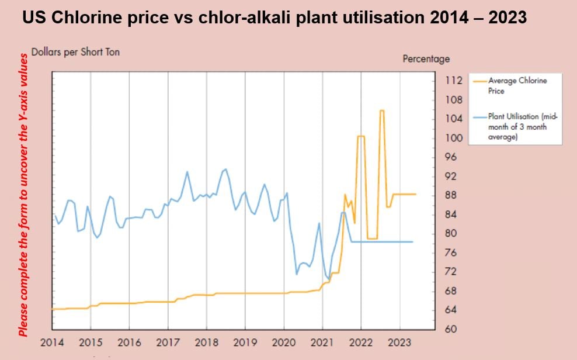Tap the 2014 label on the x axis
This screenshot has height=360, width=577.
[x=52, y=342]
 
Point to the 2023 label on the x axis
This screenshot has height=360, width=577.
[x=399, y=342]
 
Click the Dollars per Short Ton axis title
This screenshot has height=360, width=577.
[x=75, y=52]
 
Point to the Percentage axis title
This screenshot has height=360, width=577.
[x=426, y=59]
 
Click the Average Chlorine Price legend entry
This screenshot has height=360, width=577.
[x=517, y=85]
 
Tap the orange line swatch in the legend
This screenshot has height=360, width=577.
[x=480, y=81]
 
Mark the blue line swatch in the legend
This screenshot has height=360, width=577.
[x=480, y=117]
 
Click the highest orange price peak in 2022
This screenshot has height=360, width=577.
[x=381, y=110]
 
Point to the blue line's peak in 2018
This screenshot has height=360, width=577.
[x=225, y=169]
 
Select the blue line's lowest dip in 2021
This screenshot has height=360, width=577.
[x=328, y=279]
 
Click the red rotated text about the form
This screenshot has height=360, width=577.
[x=23, y=195]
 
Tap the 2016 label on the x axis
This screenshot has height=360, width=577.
[x=129, y=342]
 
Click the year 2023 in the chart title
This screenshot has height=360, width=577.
[x=506, y=18]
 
